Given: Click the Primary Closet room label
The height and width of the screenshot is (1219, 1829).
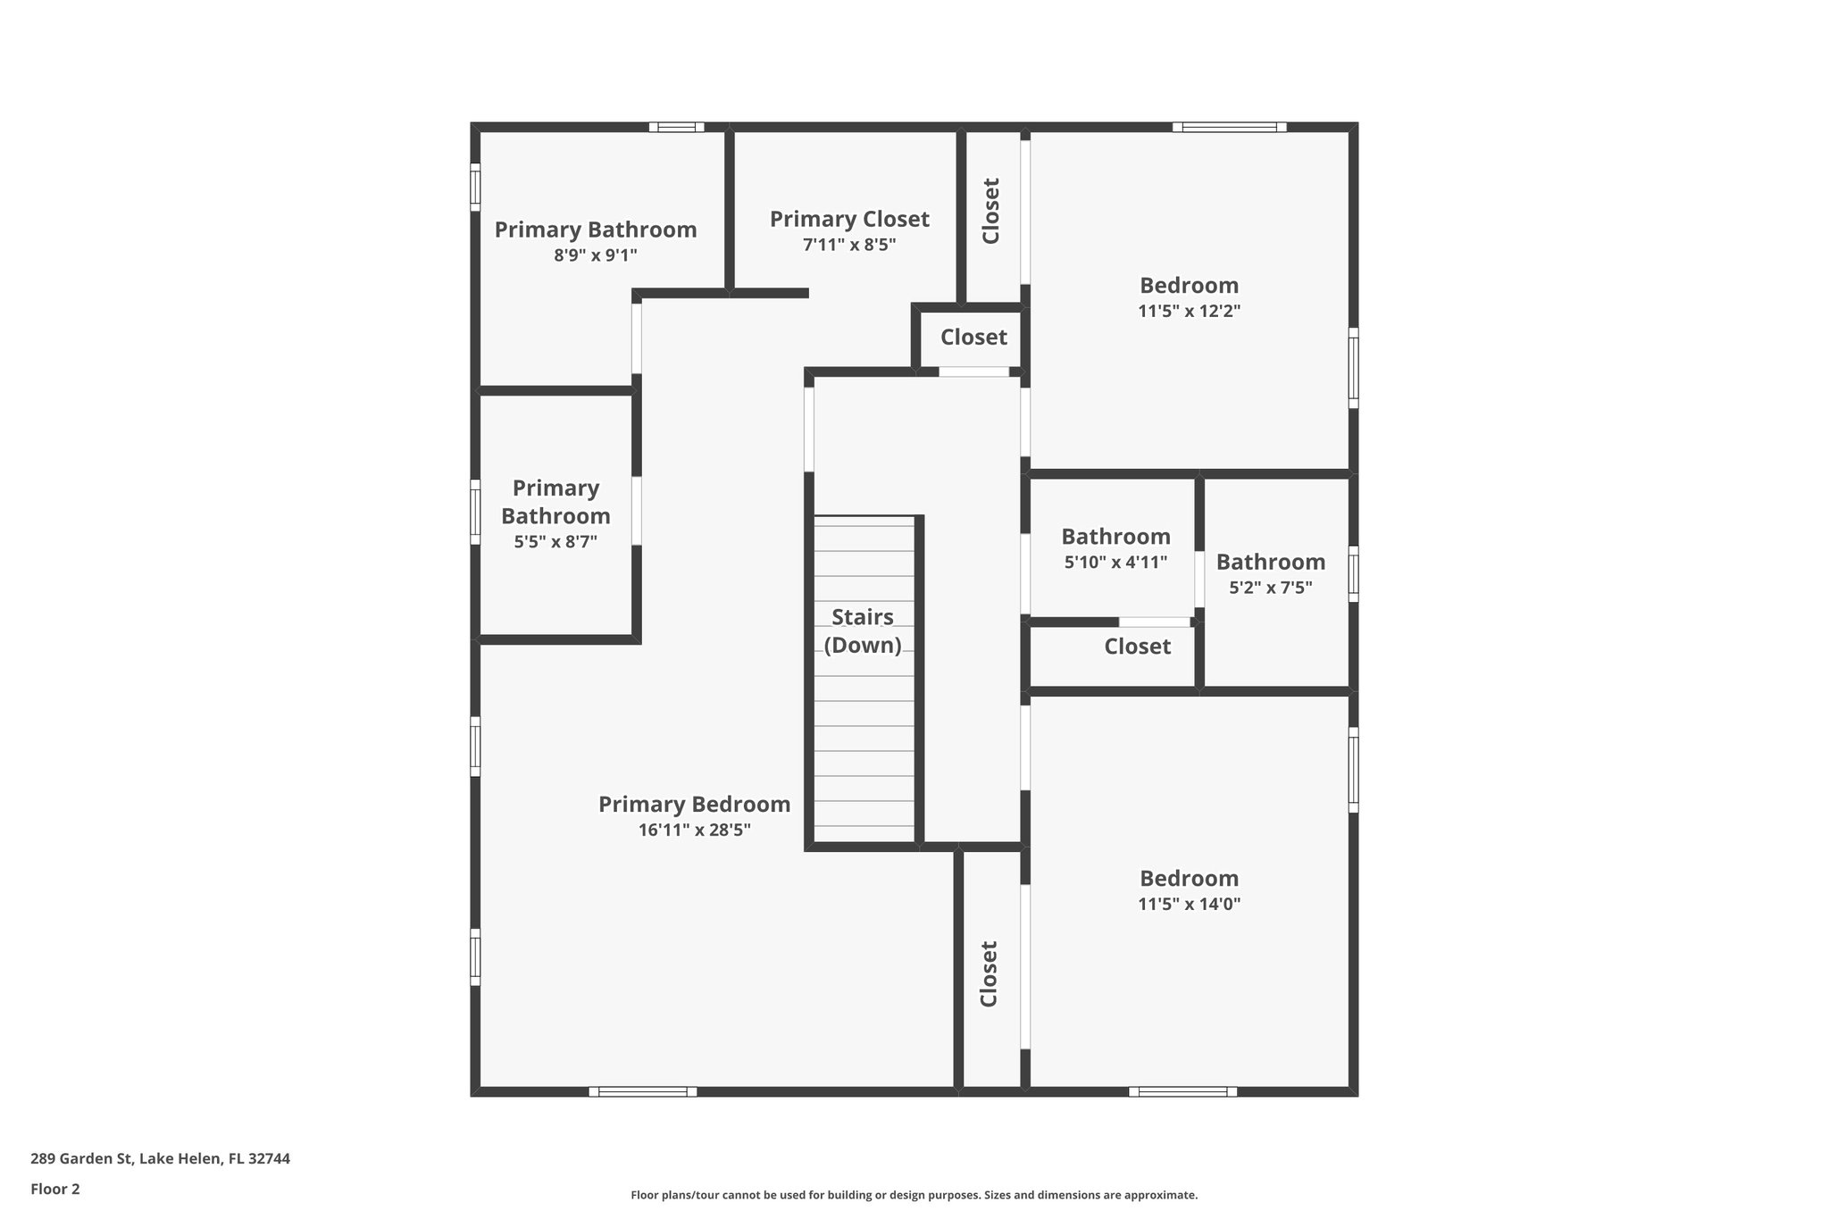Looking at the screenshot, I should [x=849, y=219].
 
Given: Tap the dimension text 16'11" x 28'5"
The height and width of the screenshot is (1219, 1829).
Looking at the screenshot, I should [x=694, y=830].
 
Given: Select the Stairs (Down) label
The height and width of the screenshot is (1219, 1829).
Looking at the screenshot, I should [x=863, y=630].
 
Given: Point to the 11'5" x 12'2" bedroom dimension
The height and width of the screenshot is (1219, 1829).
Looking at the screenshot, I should [x=1189, y=311].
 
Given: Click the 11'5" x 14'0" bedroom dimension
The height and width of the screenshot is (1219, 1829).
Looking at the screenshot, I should [x=1189, y=903].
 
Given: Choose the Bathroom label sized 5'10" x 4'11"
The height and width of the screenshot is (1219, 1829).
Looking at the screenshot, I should [x=1115, y=537].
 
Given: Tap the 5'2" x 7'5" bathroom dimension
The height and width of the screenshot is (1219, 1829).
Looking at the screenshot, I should [x=1270, y=588].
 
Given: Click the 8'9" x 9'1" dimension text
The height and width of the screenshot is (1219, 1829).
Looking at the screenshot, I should [x=595, y=255].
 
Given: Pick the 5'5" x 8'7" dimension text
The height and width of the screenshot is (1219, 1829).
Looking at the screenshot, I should [x=555, y=541].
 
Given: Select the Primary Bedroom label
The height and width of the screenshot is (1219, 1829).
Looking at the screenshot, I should [x=694, y=804].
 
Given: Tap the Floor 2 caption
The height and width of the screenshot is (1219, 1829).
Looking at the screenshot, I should [x=55, y=1189].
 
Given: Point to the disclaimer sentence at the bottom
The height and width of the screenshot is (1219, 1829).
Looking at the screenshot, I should [x=914, y=1195].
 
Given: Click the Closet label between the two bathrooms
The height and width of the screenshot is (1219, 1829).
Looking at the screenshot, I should [x=1137, y=646].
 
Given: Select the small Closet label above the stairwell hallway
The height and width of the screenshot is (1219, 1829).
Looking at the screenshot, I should [x=973, y=337].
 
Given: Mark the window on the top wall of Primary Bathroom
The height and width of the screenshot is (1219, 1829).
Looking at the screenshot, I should [x=676, y=127].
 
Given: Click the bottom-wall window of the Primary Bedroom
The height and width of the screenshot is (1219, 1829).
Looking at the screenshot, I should [x=642, y=1091].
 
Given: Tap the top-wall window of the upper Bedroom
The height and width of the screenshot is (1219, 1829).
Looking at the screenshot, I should [x=1229, y=127].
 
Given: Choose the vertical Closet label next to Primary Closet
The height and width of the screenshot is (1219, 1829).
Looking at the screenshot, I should [x=990, y=211].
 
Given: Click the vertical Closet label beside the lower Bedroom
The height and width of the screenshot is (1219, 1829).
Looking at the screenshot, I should [x=989, y=973].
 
